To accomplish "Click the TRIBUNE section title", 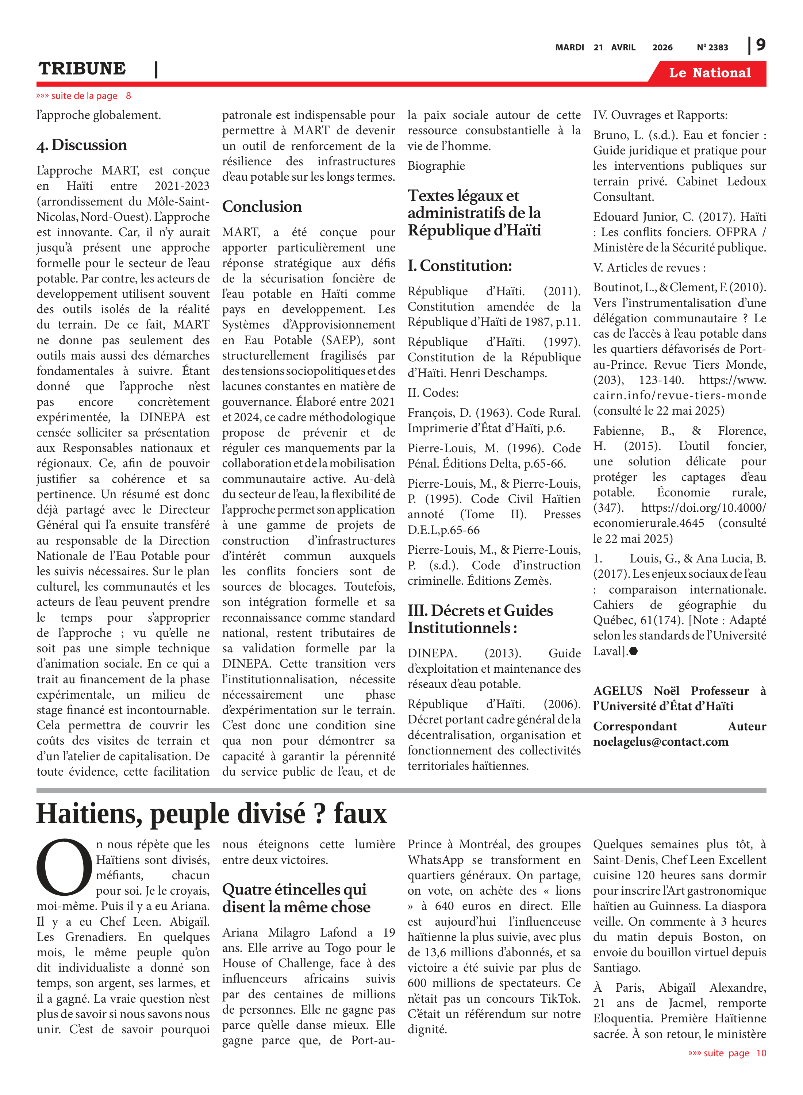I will point(82,69).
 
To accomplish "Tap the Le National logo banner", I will point(709,73).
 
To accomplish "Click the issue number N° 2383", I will point(712,47).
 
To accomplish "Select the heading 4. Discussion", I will point(82,145).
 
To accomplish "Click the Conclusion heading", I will point(262,207).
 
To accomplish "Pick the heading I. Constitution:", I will point(460,266).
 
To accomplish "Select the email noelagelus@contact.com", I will point(661,742).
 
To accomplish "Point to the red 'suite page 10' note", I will point(727,1053).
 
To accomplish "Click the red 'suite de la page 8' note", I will point(84,96).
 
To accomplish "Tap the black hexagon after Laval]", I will point(633,651).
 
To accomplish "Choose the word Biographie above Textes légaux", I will point(436,166).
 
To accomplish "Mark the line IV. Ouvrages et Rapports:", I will point(660,115).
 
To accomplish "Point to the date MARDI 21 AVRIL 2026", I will point(614,47).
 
